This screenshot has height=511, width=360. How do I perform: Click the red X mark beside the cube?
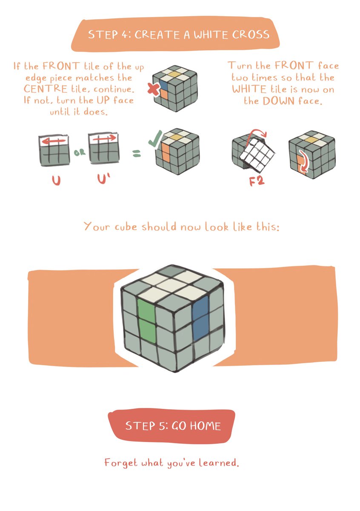[154, 89]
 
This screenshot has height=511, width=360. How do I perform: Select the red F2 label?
[257, 181]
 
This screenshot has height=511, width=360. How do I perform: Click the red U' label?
[103, 179]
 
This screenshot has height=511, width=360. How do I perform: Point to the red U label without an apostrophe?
[56, 180]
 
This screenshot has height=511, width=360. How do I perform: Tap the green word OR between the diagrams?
[80, 152]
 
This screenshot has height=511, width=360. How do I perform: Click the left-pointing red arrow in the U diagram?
[54, 141]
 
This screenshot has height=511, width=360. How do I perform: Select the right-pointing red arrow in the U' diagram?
[104, 138]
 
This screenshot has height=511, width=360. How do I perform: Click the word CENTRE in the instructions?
[46, 89]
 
